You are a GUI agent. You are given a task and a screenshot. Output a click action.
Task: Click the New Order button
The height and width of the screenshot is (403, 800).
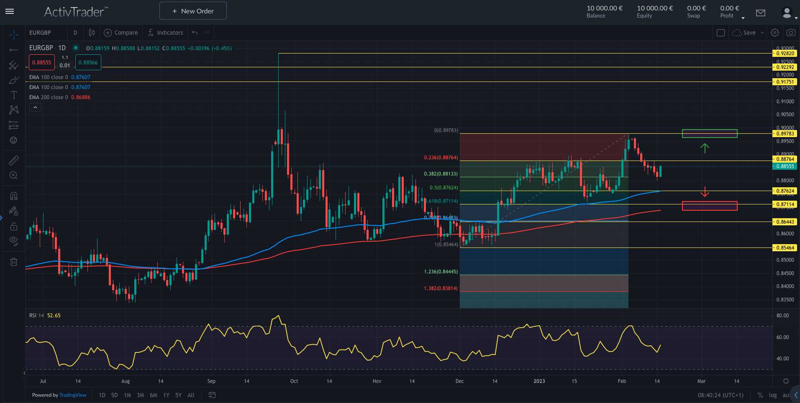193,11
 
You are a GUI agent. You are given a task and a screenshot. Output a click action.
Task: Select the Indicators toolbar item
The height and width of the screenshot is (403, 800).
165,33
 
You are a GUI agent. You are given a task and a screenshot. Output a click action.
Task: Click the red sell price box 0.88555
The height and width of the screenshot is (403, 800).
42,63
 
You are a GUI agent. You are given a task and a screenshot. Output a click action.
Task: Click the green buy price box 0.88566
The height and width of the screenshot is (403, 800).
88,63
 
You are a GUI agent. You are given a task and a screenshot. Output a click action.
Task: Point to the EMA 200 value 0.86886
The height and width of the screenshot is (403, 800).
81,97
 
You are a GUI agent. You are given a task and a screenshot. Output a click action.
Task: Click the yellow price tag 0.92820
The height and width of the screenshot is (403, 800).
785,54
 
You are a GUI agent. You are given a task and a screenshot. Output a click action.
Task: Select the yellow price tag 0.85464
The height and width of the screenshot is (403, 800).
785,248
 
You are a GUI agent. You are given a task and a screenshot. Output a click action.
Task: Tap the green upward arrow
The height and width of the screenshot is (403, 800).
705,148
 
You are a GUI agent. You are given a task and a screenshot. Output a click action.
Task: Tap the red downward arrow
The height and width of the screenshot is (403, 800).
705,192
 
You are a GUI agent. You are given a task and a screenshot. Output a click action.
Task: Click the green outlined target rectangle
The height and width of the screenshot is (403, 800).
710,133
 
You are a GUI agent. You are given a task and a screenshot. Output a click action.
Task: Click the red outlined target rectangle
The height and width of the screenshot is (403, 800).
710,206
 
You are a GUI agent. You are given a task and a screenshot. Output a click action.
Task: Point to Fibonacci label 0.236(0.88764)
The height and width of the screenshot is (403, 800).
441,158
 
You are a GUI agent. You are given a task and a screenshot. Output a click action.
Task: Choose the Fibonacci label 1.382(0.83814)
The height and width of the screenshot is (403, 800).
441,288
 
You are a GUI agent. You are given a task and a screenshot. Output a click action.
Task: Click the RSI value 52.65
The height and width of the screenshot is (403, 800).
54,316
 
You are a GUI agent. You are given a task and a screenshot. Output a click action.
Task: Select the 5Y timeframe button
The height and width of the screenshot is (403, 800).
179,395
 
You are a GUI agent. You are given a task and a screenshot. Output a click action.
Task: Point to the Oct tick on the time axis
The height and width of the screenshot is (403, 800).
294,381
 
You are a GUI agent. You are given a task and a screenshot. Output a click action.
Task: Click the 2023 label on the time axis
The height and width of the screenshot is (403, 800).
539,381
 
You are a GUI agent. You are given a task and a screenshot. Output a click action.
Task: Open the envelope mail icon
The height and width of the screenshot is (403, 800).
761,13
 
